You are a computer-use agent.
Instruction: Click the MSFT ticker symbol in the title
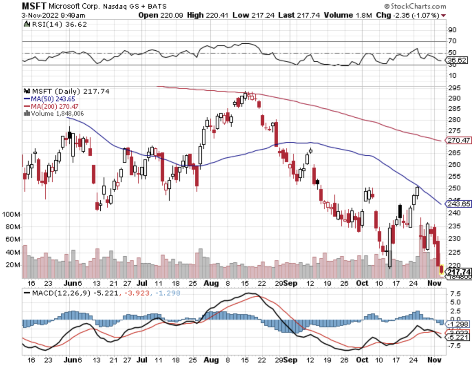34,6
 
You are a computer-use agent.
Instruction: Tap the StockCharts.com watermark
415,6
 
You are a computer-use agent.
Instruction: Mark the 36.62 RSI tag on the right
457,60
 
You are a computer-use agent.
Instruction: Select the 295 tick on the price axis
454,88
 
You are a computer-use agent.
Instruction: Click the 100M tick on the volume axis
11,214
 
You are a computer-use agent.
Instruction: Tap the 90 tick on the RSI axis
452,30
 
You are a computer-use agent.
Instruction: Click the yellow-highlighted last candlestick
441,269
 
